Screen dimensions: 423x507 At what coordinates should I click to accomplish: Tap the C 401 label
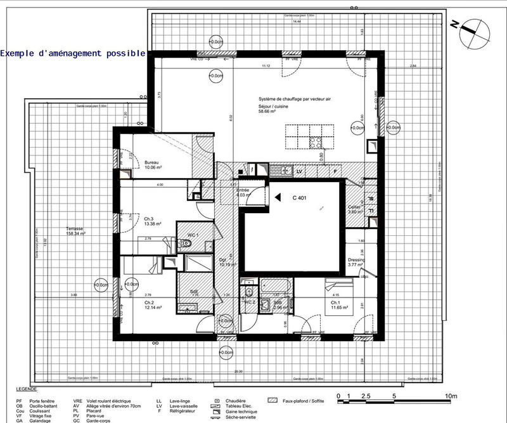pyautogui.click(x=299, y=198)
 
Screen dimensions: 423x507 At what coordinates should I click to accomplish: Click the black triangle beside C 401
pyautogui.click(x=277, y=198)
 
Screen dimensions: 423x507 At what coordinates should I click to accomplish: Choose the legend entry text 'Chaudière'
pyautogui.click(x=235, y=401)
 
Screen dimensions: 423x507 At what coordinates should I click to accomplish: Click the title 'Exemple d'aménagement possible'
pyautogui.click(x=73, y=54)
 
